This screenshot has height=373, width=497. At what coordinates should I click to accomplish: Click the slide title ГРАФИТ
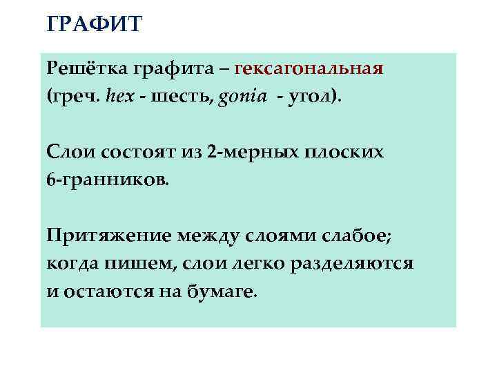[95, 25]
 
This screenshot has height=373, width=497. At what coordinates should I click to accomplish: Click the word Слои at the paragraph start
[67, 151]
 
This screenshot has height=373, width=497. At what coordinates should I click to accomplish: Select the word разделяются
[357, 263]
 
